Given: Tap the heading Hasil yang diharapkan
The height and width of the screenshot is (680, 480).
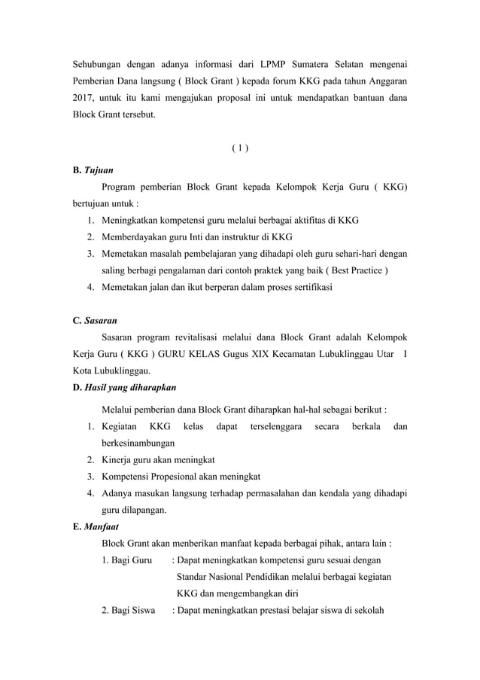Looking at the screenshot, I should pyautogui.click(x=131, y=387).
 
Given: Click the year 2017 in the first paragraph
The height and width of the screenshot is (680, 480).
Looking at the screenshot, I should pyautogui.click(x=77, y=99).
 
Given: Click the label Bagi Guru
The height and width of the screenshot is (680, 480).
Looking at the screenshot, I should pyautogui.click(x=126, y=560).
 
